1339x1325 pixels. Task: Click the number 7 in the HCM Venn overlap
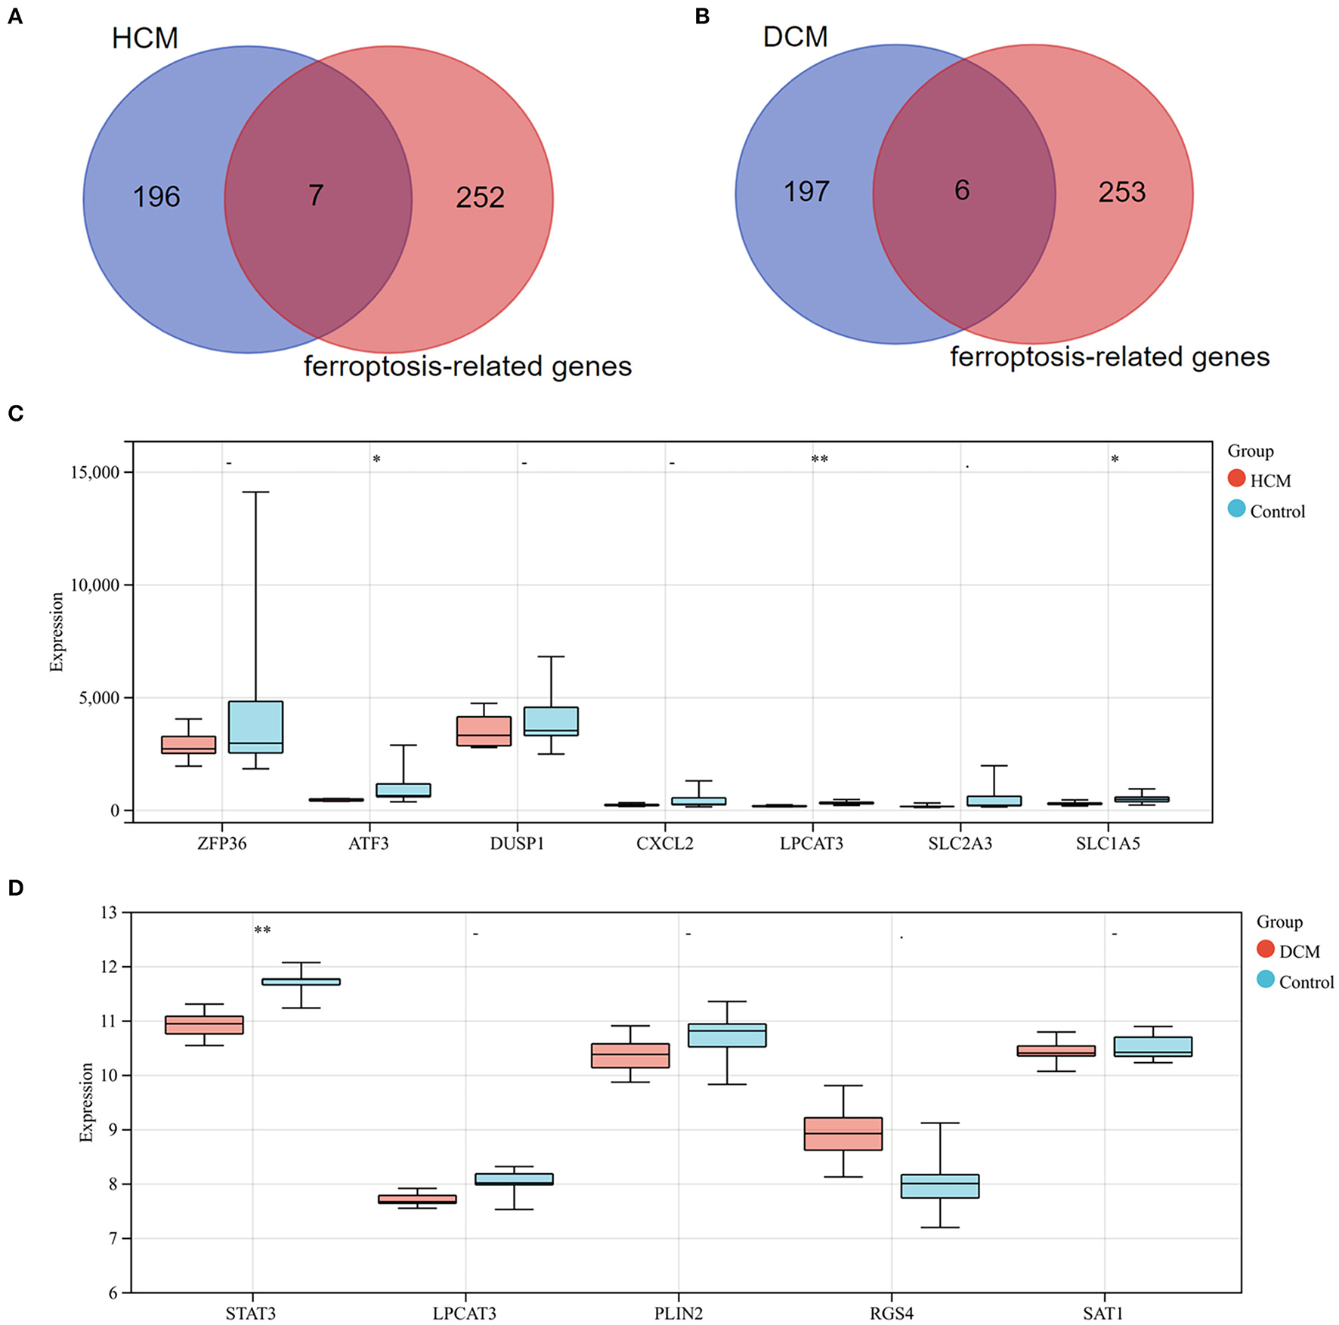(x=316, y=196)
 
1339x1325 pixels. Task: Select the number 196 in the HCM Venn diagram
(x=156, y=197)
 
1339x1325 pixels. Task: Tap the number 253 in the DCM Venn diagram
(x=1121, y=192)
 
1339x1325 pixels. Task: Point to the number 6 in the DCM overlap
(x=961, y=190)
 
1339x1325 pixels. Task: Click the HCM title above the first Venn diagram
(x=144, y=38)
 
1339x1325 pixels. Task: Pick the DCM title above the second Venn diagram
(x=795, y=36)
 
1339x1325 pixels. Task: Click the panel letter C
(x=15, y=413)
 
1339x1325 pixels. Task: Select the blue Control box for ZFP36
(x=255, y=727)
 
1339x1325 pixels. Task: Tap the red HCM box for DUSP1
(x=484, y=730)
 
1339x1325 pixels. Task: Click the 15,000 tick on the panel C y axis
(x=94, y=472)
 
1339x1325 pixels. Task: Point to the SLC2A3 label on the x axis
(x=960, y=844)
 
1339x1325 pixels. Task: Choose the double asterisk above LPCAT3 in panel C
(x=819, y=459)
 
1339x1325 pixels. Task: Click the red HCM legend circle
(x=1236, y=478)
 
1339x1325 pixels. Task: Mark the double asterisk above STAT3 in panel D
(x=262, y=930)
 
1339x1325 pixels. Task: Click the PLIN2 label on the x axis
(x=678, y=1313)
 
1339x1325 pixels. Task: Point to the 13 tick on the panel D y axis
(x=109, y=913)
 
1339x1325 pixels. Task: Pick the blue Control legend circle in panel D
(x=1265, y=981)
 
